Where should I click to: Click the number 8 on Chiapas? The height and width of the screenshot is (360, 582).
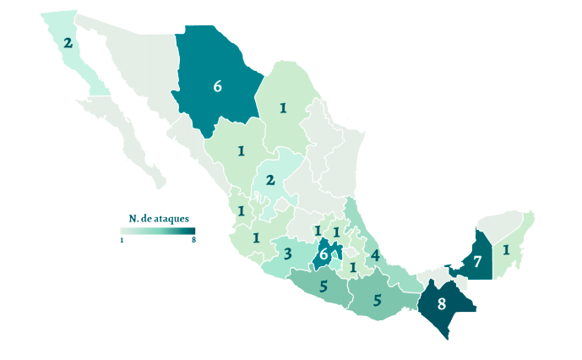point(441,304)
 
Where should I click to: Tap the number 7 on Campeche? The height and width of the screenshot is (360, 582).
point(477,262)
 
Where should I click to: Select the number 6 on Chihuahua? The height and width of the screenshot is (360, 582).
point(217,86)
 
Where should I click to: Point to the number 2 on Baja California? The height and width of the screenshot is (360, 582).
point(68,42)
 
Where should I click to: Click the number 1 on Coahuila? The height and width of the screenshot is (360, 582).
point(284,107)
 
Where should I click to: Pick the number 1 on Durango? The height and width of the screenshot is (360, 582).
point(242,151)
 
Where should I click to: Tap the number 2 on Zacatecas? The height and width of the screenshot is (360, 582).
point(270,180)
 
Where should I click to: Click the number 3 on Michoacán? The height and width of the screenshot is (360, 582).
point(288,254)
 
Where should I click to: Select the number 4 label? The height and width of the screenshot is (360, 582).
point(373,255)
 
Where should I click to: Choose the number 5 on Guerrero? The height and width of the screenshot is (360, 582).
point(324,286)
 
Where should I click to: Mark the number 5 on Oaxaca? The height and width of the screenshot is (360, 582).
point(378,299)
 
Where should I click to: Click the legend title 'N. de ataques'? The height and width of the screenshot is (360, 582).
point(158,219)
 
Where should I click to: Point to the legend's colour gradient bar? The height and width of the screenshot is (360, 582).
point(158,232)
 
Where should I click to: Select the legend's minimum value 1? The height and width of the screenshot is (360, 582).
point(122,241)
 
